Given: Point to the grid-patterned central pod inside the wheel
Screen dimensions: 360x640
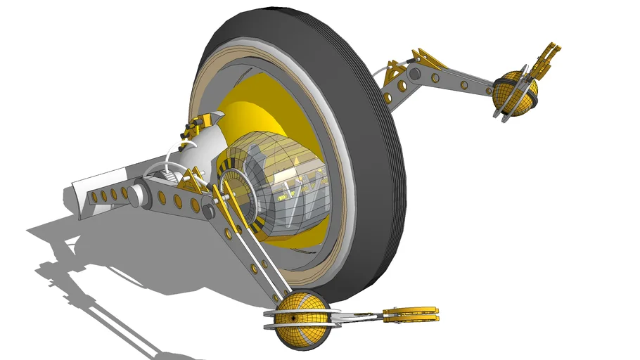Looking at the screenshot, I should [281, 186].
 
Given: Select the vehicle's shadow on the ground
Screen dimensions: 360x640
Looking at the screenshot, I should [105, 260].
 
